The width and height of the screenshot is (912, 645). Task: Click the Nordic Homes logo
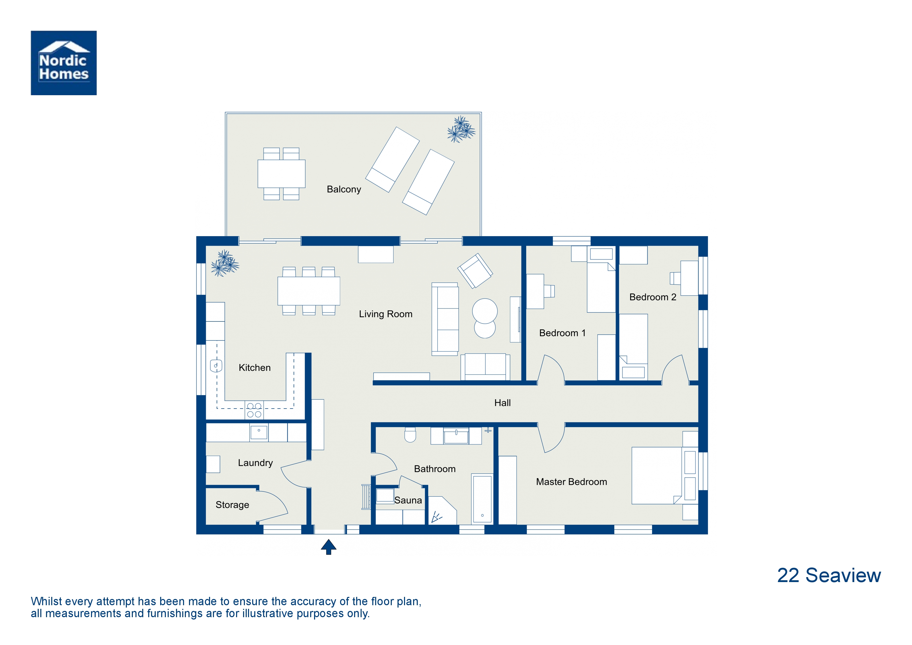pos(63,63)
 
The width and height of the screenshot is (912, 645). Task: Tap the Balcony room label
pos(344,189)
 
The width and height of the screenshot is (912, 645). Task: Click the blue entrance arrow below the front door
pos(329,547)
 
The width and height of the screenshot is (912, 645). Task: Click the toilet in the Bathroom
pos(410,435)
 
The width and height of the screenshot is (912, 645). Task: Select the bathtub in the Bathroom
pos(482,499)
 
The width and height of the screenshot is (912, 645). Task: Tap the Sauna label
pos(408,500)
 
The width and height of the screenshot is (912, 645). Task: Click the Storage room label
pos(232,505)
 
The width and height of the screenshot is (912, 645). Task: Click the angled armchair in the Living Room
pos(475,271)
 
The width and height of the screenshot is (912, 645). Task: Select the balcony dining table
pos(281,174)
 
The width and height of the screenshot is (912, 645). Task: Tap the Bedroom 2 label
pos(653,297)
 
